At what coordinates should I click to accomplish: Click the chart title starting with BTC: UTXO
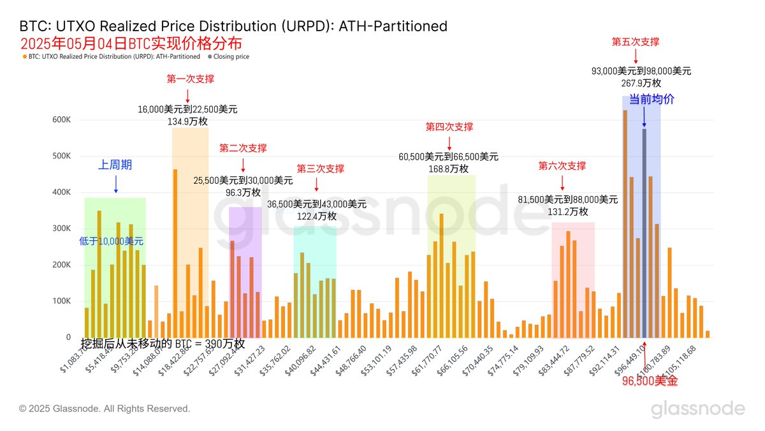pyautogui.click(x=233, y=26)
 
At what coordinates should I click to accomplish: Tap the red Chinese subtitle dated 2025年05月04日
pyautogui.click(x=131, y=44)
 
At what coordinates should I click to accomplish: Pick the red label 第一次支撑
pyautogui.click(x=190, y=79)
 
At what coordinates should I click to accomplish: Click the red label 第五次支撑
pyautogui.click(x=635, y=42)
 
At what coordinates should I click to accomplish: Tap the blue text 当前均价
pyautogui.click(x=652, y=100)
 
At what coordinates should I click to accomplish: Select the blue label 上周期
pyautogui.click(x=115, y=165)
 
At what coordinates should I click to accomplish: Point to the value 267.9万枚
pyautogui.click(x=641, y=83)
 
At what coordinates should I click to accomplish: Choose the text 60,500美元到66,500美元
pyautogui.click(x=449, y=156)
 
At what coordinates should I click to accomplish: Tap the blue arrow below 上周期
pyautogui.click(x=115, y=184)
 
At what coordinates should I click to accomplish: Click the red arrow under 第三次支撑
pyautogui.click(x=317, y=185)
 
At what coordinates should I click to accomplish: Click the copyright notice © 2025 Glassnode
pyautogui.click(x=105, y=409)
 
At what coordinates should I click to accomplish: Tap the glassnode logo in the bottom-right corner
pyautogui.click(x=697, y=409)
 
